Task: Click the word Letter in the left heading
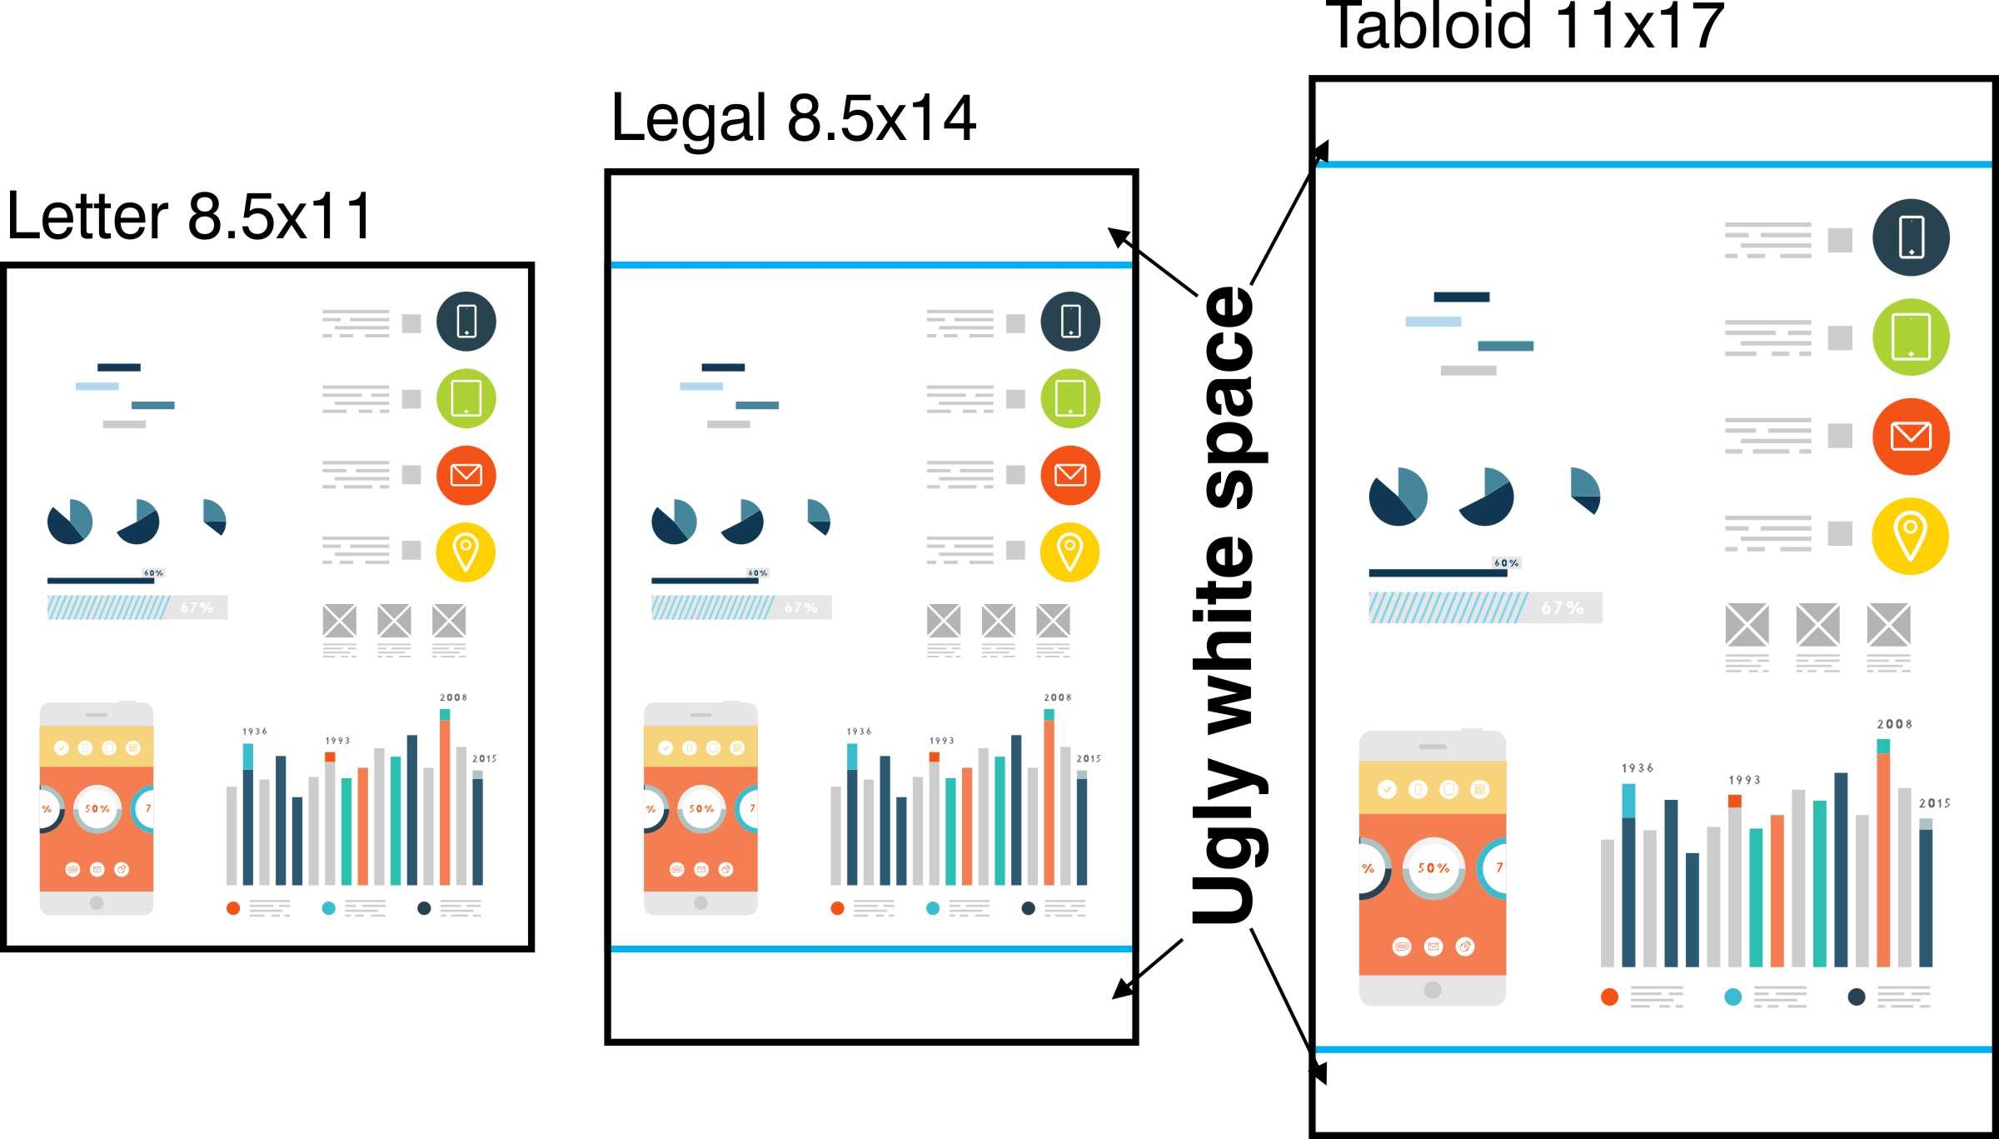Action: (x=87, y=216)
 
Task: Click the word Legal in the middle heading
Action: (x=688, y=118)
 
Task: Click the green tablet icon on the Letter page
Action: (x=466, y=398)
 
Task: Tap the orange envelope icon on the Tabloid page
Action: (x=1911, y=436)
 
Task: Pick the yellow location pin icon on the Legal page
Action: (x=1070, y=552)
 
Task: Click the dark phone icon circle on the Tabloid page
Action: (x=1911, y=237)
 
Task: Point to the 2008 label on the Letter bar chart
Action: (x=453, y=697)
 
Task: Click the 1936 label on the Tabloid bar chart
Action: (x=1637, y=768)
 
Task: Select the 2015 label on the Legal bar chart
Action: (x=1088, y=759)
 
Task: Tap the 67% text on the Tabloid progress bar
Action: (x=1562, y=608)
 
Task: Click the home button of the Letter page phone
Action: (x=97, y=902)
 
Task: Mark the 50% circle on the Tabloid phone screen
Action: (x=1433, y=868)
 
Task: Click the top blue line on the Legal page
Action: (x=871, y=265)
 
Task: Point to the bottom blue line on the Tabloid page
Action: (x=1653, y=1049)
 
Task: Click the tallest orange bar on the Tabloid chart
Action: (x=1883, y=858)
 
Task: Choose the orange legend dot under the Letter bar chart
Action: (x=233, y=908)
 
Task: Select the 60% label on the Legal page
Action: (x=757, y=573)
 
